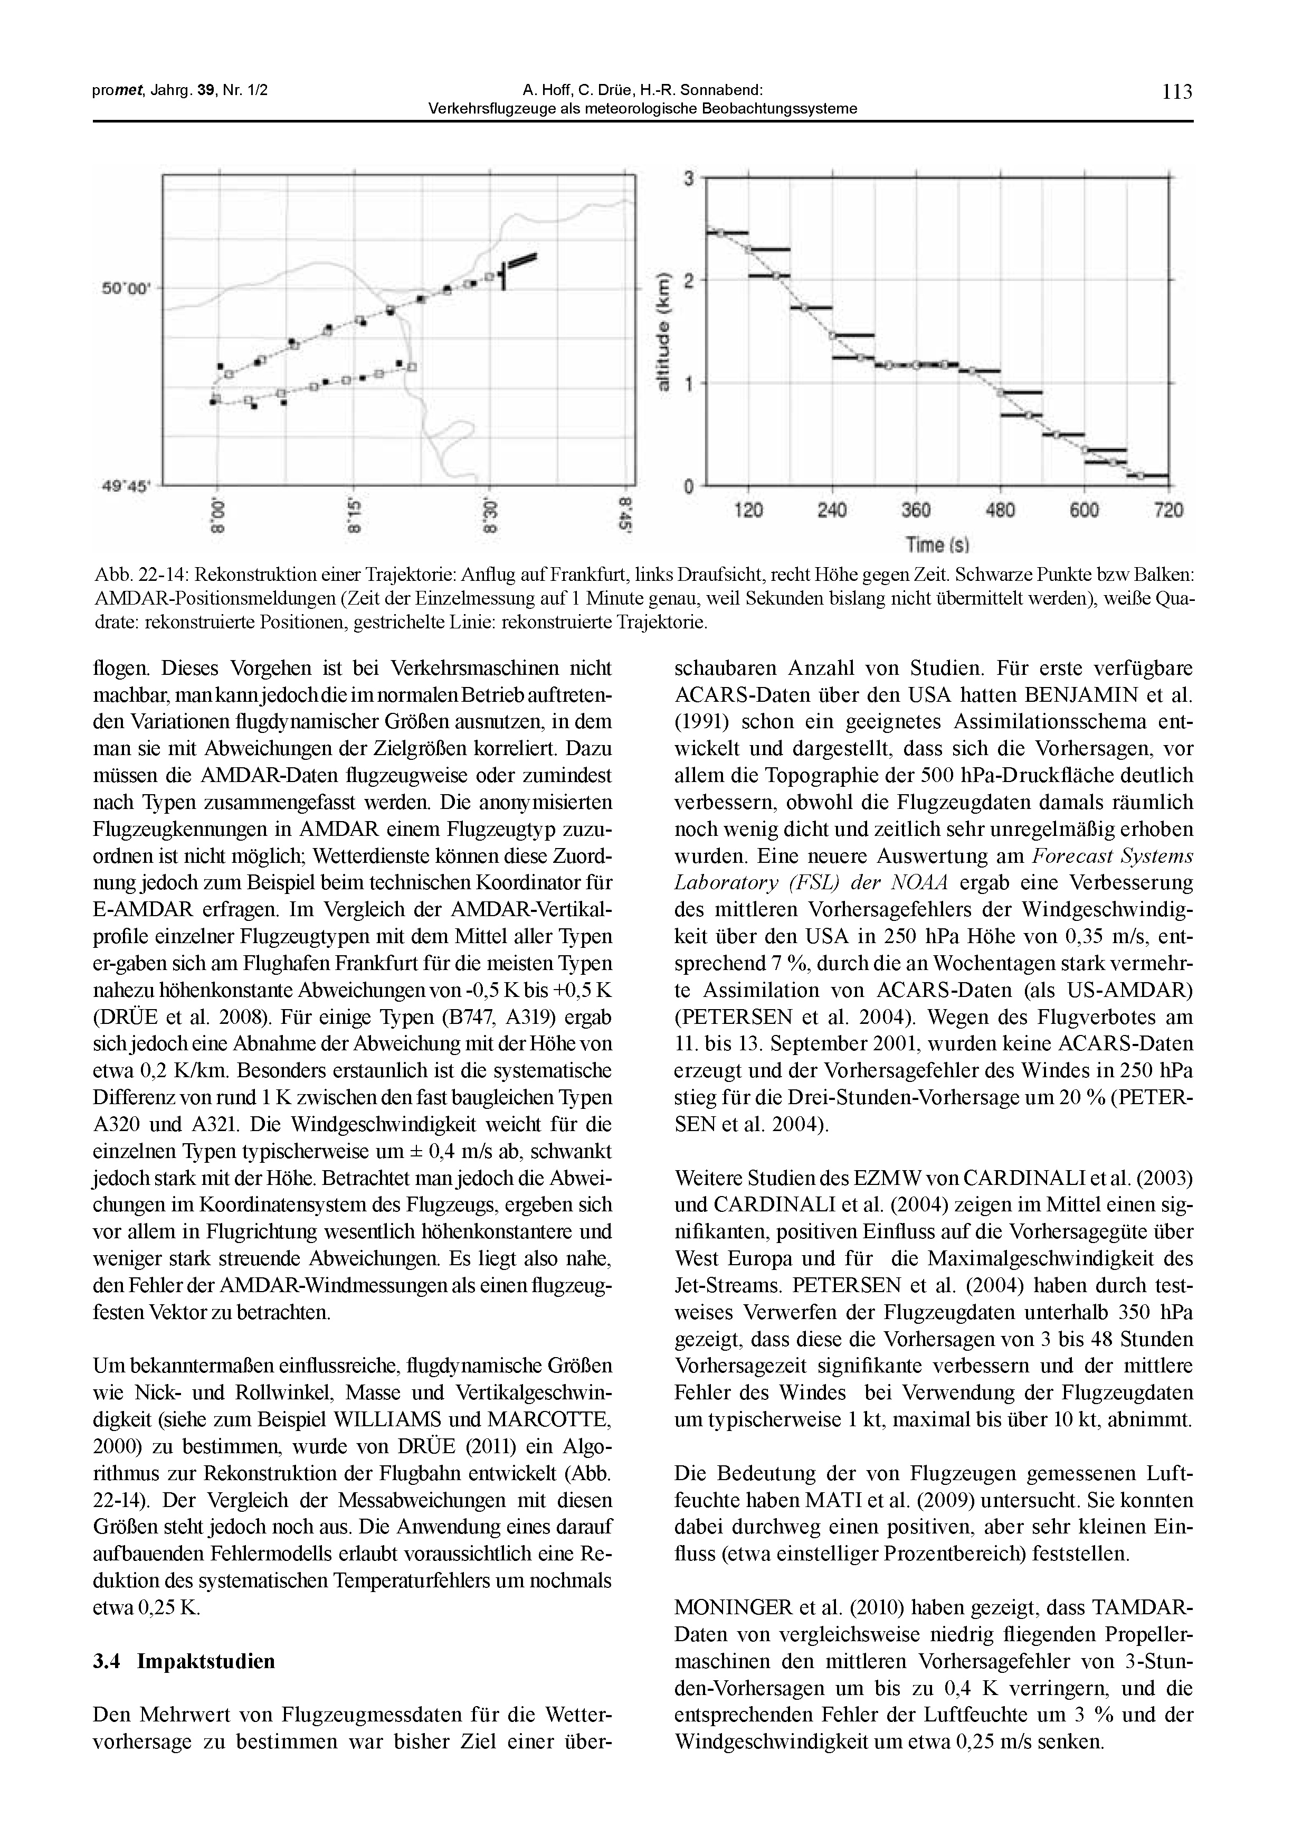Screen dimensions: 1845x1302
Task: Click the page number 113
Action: (1177, 91)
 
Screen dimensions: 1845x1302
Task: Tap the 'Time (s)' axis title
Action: (937, 545)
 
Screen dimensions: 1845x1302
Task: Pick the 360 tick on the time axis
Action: (916, 510)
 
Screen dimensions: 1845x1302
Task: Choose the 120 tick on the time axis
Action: (748, 510)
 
